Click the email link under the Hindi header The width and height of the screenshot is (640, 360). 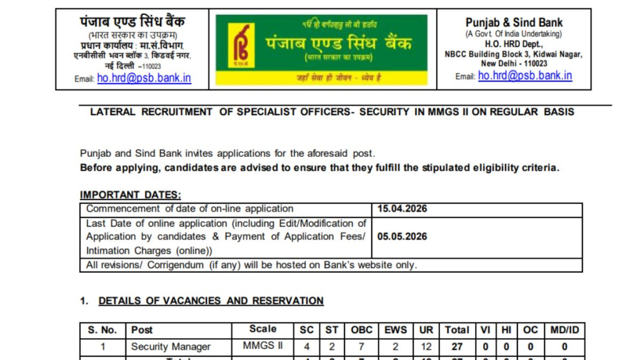(x=144, y=78)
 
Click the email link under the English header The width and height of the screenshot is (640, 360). (x=525, y=76)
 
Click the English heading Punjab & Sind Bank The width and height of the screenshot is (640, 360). (x=514, y=22)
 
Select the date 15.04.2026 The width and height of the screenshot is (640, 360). (x=402, y=209)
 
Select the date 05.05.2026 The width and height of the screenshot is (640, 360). (x=402, y=237)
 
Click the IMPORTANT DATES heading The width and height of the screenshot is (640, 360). (x=130, y=195)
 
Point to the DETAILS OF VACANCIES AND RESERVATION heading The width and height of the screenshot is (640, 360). (x=211, y=301)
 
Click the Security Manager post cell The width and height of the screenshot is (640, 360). (x=171, y=346)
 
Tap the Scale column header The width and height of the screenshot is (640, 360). (x=262, y=329)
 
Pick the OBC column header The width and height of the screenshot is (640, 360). (x=361, y=329)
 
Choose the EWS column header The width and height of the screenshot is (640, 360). (x=395, y=329)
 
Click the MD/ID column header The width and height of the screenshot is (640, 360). (x=564, y=329)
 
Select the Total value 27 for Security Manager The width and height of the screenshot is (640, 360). (x=457, y=346)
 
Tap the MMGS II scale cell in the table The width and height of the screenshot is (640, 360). (x=262, y=346)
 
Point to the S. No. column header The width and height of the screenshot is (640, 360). (x=102, y=329)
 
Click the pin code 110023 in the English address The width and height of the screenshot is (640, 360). (x=536, y=64)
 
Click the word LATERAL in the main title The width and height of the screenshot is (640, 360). (x=112, y=112)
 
